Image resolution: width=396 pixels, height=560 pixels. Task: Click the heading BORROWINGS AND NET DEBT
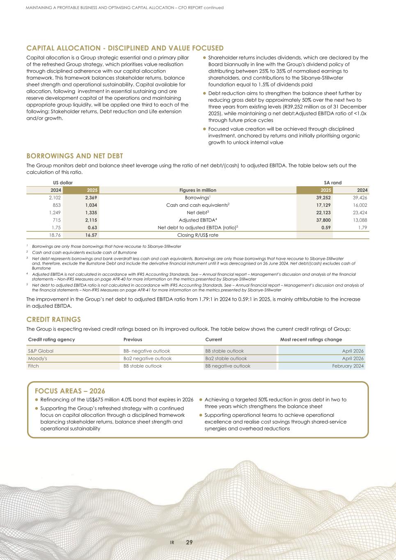[x=75, y=156]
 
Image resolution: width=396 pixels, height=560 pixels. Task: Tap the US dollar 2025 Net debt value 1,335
[x=91, y=213]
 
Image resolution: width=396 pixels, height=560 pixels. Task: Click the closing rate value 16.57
[x=91, y=235]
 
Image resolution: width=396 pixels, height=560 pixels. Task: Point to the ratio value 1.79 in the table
[x=362, y=227]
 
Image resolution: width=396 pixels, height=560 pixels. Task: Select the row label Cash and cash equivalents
[x=197, y=205]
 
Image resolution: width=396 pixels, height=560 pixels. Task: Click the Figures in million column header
[x=198, y=190]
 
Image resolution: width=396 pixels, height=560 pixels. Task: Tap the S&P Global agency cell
[x=41, y=351]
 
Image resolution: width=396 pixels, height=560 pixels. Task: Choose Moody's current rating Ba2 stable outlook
[x=226, y=358]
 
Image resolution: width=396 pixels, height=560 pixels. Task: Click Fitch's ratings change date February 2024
[x=348, y=366]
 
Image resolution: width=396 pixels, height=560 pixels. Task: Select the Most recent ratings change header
[x=311, y=339]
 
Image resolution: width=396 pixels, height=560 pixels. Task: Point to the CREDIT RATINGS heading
[x=53, y=319]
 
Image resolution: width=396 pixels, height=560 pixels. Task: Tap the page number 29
[x=189, y=542]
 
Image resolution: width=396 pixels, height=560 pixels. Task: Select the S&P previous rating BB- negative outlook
[x=147, y=351]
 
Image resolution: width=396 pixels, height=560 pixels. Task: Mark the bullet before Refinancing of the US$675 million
[x=37, y=400]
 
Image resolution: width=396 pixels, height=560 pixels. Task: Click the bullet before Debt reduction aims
[x=204, y=94]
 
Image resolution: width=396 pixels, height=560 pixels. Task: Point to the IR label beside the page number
[x=172, y=542]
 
